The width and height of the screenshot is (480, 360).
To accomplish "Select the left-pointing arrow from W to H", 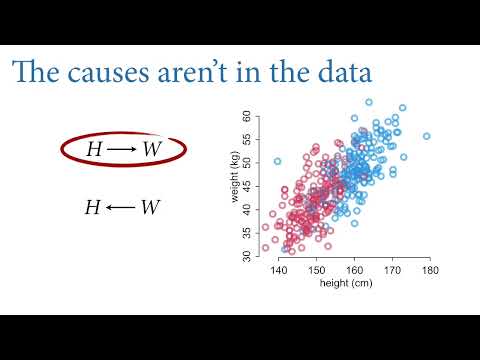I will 120,207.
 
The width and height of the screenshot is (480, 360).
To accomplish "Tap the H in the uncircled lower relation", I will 92,207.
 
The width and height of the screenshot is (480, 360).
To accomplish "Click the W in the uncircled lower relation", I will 150,207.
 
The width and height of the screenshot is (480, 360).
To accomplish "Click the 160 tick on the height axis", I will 354,269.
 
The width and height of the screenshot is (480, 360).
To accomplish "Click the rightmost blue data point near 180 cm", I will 426,136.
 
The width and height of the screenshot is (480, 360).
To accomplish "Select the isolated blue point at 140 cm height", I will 278,160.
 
